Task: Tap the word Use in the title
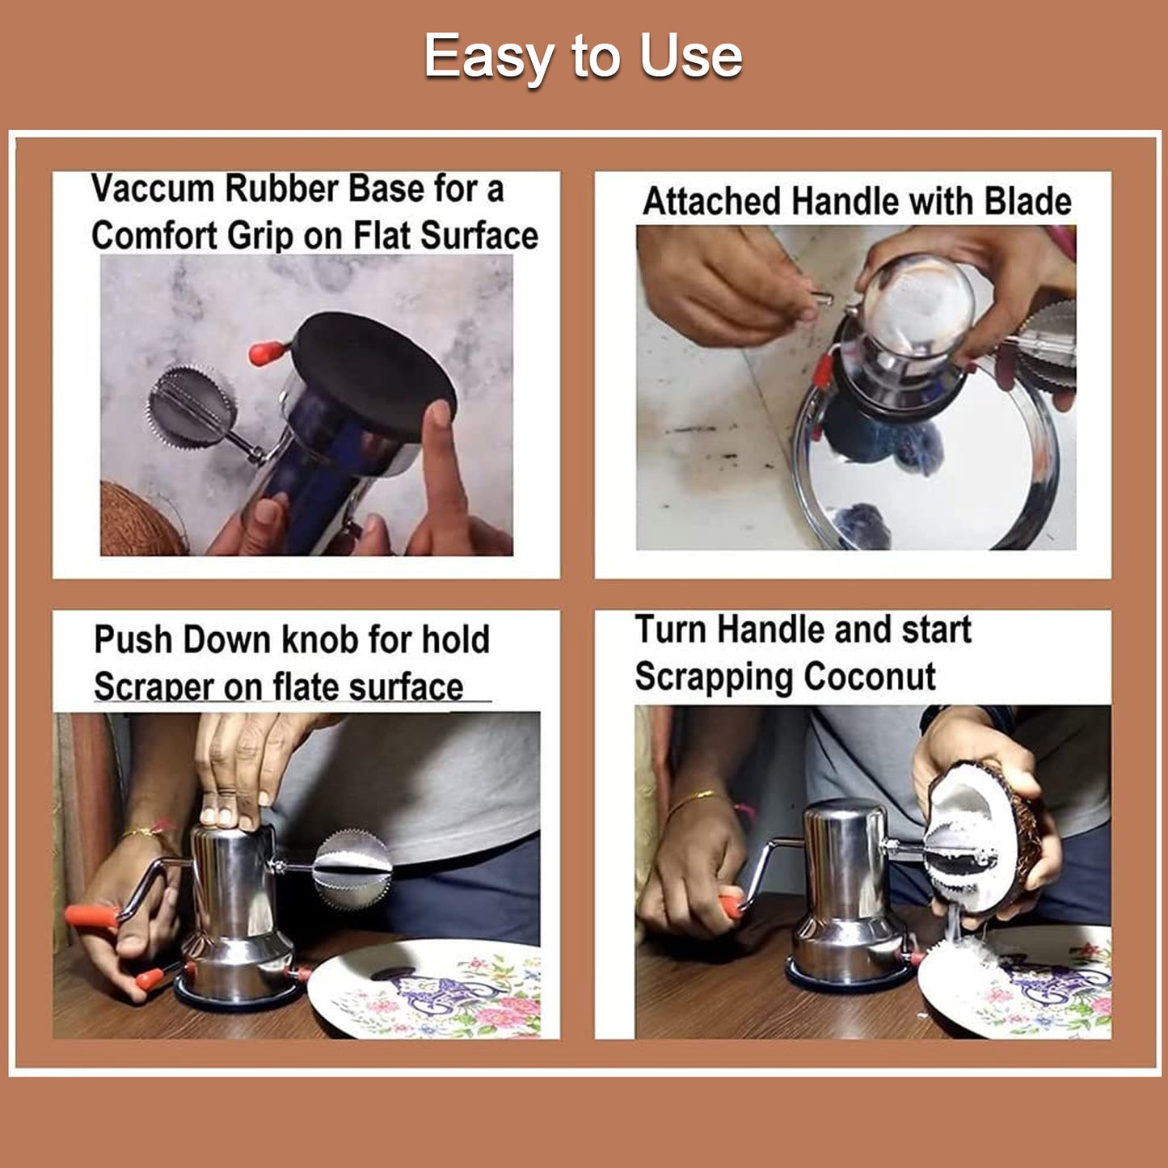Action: tap(690, 57)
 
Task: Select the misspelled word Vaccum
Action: tap(152, 189)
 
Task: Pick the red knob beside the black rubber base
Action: tap(266, 352)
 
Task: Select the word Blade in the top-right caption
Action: tap(1027, 201)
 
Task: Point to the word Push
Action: tap(133, 639)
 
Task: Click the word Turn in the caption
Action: tap(671, 630)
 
